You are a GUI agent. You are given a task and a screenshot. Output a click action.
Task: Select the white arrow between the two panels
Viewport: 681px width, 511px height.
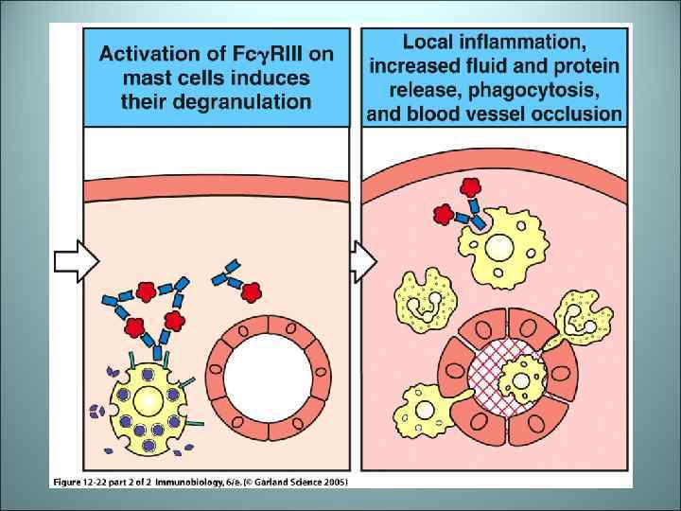pyautogui.click(x=362, y=257)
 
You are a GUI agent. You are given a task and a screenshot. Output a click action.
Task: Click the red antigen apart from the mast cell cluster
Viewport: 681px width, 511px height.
pyautogui.click(x=252, y=293)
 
